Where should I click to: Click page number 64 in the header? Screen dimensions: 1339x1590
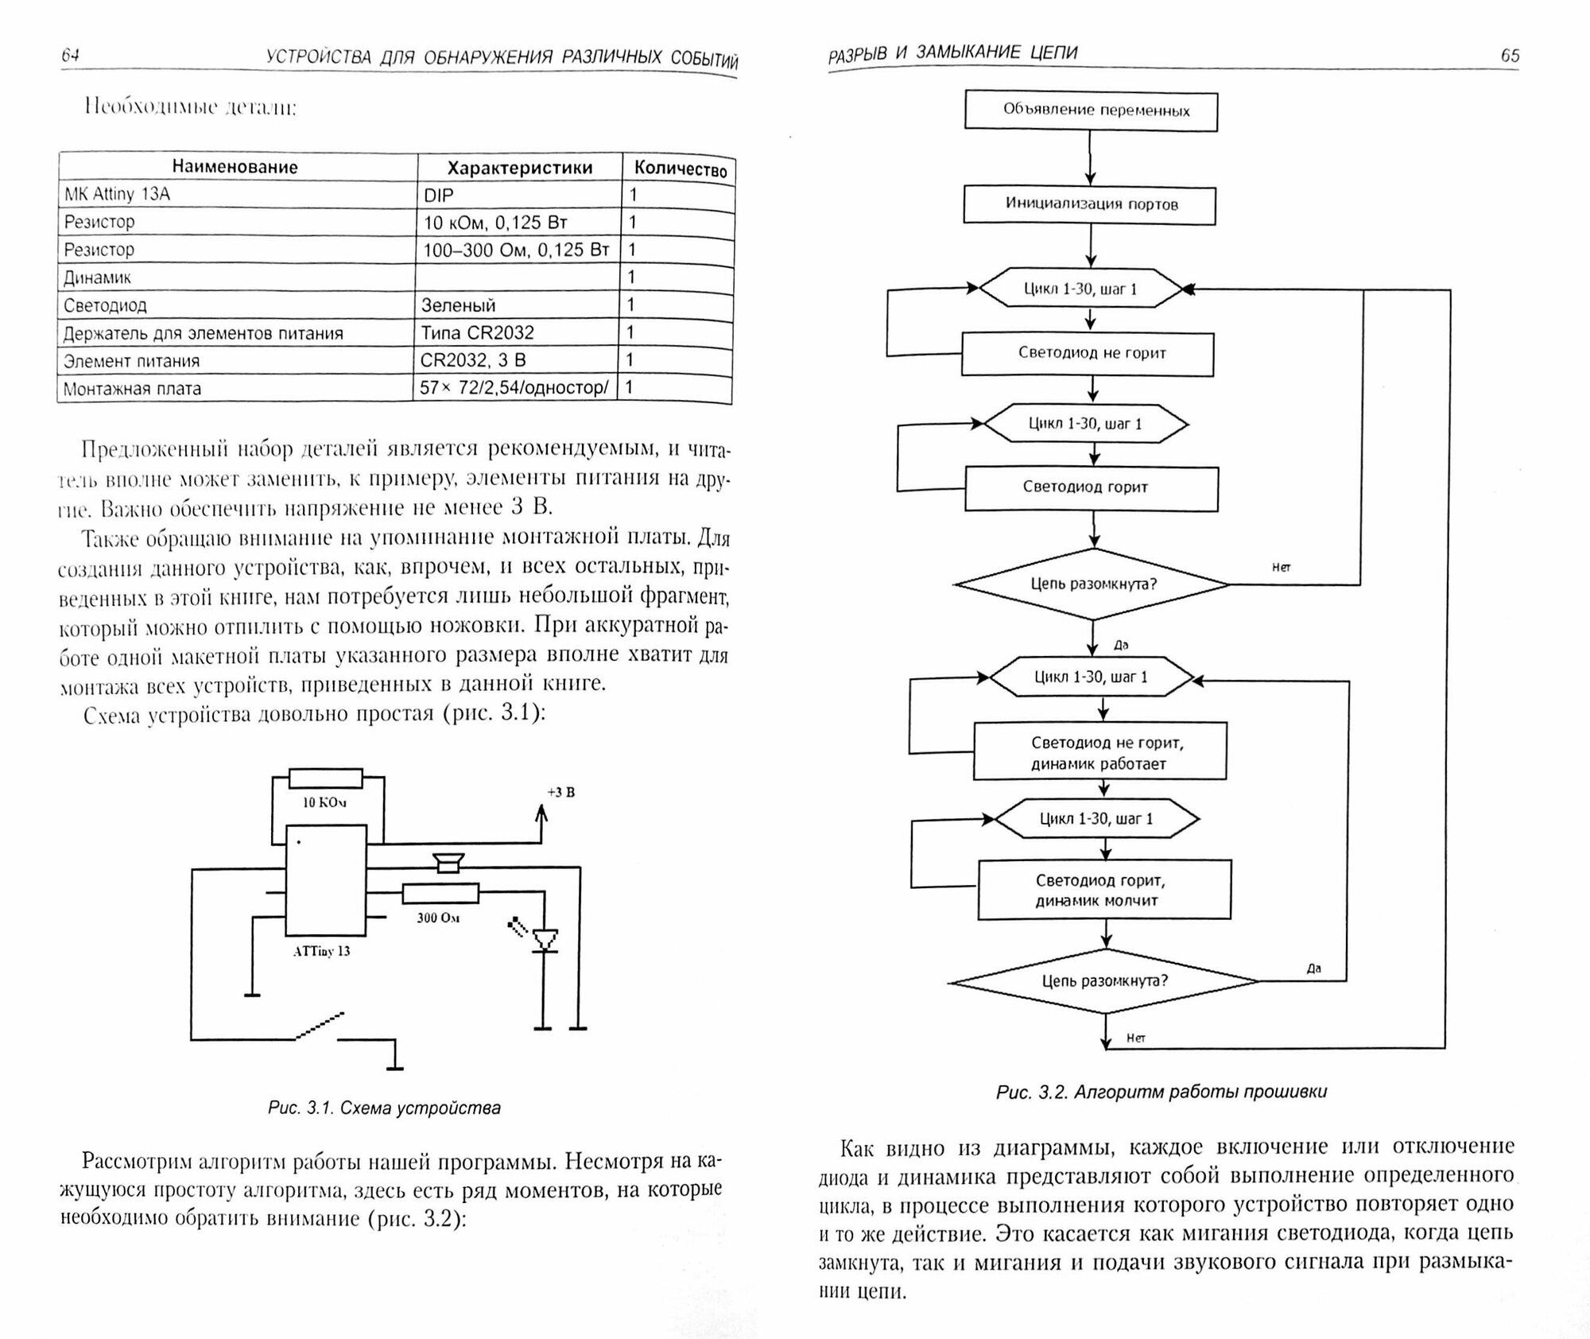click(70, 55)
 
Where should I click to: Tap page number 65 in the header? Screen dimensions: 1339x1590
click(1510, 56)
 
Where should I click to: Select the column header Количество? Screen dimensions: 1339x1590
click(680, 169)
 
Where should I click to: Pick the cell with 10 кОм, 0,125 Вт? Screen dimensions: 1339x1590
click(495, 223)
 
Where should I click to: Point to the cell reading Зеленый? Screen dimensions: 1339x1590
click(459, 305)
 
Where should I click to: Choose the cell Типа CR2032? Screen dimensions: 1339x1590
click(477, 332)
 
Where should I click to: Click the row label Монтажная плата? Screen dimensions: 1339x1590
click(132, 389)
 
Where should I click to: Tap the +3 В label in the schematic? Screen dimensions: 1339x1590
click(561, 792)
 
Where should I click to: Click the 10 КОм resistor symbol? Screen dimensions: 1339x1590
click(325, 778)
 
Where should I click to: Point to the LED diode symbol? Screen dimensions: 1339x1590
click(545, 940)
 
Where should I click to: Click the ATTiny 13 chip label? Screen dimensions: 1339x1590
click(321, 951)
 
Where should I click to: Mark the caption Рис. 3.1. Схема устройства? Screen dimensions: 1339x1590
click(384, 1108)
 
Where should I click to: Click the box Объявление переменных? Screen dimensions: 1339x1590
click(1091, 111)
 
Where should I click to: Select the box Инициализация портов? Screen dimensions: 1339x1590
click(1090, 204)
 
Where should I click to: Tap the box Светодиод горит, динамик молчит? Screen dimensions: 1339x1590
click(1103, 891)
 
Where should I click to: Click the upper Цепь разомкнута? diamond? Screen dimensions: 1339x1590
click(1093, 584)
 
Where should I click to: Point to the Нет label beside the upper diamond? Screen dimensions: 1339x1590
click(1281, 568)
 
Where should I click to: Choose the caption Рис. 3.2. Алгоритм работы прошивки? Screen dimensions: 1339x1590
click(1161, 1092)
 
